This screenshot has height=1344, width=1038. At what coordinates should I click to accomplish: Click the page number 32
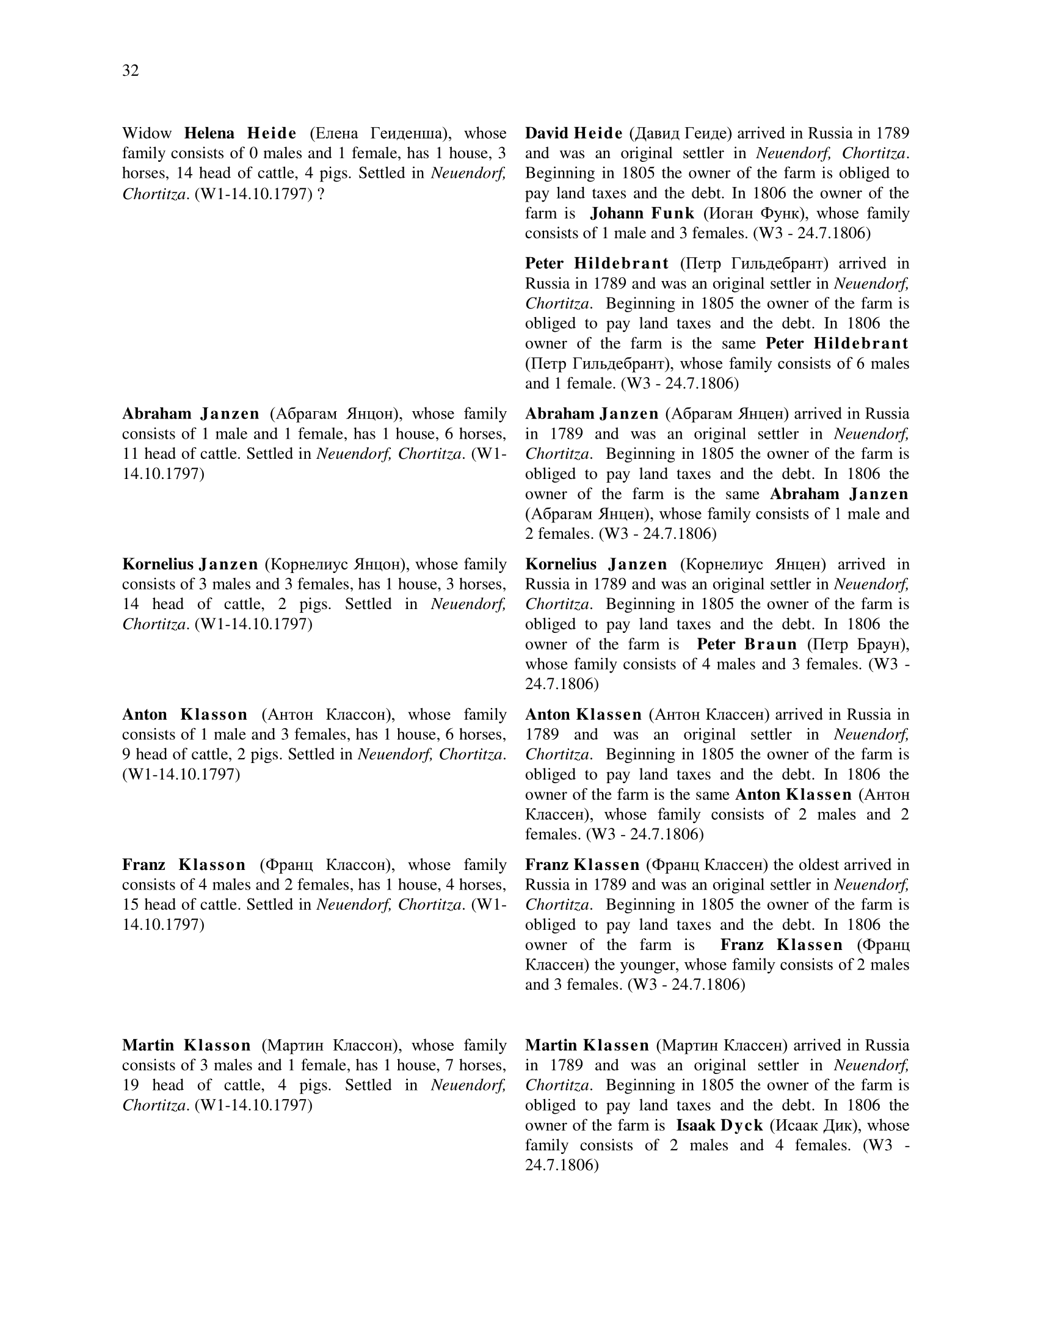coord(131,71)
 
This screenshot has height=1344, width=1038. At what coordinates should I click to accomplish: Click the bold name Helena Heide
coord(240,134)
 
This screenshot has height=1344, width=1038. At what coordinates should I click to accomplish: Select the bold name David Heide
coord(573,134)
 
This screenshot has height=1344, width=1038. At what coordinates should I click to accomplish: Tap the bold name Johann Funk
coord(641,214)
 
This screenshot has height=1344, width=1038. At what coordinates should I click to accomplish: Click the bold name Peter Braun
coord(747,645)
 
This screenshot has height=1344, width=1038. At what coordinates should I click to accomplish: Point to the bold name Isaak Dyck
coord(719,1125)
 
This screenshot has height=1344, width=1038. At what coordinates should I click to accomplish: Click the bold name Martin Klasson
coord(186,1045)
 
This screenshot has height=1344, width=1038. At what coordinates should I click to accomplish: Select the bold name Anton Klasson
coord(184,715)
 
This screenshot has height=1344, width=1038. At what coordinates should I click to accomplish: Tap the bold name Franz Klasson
coord(184,864)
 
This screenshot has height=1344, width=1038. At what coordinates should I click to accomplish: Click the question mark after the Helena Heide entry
coord(321,194)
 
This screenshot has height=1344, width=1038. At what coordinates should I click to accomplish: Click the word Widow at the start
coord(147,134)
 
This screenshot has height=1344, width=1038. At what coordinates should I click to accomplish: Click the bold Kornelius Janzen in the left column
coord(190,564)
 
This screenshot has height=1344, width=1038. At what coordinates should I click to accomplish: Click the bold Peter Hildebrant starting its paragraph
coord(597,263)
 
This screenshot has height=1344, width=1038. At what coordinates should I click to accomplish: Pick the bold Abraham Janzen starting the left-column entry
coord(191,414)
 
